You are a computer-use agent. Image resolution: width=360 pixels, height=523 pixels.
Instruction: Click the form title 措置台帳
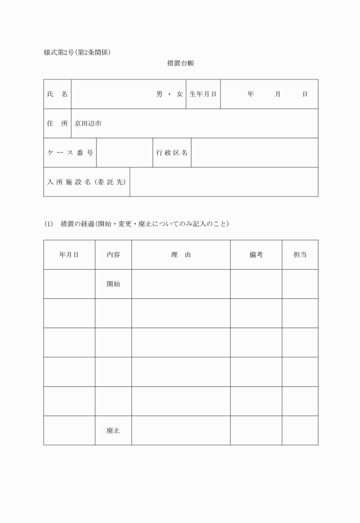pos(181,63)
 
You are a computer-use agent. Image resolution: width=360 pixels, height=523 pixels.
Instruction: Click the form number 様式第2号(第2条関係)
pos(77,53)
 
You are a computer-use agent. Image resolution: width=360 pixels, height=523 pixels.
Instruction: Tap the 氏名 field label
pos(57,94)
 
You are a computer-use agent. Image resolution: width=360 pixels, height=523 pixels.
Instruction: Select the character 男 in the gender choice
pos(160,94)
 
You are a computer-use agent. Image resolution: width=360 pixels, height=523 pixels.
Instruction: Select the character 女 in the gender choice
pos(179,94)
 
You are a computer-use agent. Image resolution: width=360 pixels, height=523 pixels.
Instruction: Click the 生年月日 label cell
pos(203,94)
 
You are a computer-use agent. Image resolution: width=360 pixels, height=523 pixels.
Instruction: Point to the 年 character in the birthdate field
pos(250,94)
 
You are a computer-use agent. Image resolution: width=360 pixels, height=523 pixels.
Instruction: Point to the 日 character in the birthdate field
pos(305,94)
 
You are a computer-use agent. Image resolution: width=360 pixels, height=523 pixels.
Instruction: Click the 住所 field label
pos(57,123)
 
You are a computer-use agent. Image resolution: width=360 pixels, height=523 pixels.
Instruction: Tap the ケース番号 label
pos(70,153)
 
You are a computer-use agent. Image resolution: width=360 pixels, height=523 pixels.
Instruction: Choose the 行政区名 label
pos(172,153)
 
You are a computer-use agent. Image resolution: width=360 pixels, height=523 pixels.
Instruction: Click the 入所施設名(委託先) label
pos(86,182)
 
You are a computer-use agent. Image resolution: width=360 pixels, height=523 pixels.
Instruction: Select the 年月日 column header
pos(69,255)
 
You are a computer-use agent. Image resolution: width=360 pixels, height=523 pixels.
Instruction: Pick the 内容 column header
pos(113,255)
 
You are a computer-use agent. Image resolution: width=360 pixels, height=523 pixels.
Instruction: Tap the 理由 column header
pos(181,255)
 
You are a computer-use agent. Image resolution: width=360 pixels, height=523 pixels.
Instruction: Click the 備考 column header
pos(256,255)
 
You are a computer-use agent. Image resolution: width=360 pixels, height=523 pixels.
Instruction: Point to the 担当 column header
pos(300,255)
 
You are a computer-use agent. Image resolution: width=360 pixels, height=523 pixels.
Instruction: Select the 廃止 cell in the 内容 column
pos(113,430)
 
